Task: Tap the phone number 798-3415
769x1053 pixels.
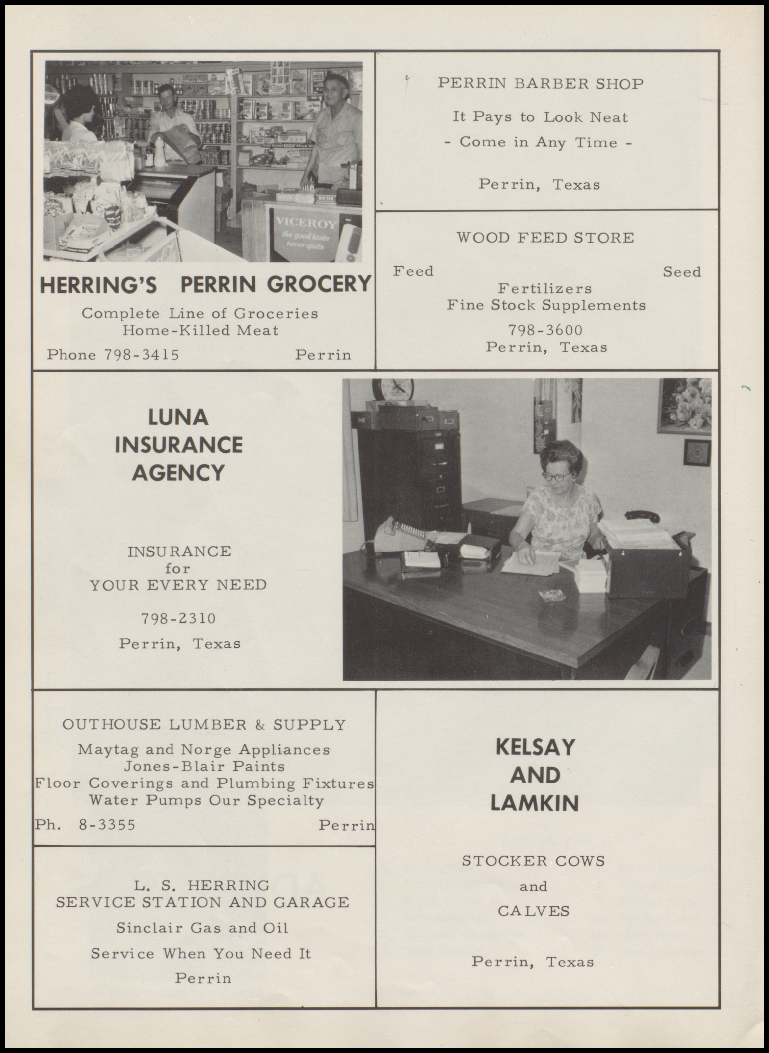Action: (141, 355)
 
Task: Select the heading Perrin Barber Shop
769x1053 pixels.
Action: (541, 84)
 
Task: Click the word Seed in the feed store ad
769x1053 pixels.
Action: (681, 272)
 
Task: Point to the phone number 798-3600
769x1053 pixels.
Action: (545, 330)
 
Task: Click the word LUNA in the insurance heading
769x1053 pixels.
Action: (178, 417)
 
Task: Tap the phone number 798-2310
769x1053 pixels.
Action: (179, 618)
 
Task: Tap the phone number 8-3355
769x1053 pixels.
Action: (107, 825)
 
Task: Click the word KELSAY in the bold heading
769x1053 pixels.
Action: (535, 747)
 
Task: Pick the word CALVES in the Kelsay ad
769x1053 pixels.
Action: (533, 911)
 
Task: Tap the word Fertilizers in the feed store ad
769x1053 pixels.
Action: (545, 289)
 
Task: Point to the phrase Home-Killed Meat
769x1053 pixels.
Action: (200, 331)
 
